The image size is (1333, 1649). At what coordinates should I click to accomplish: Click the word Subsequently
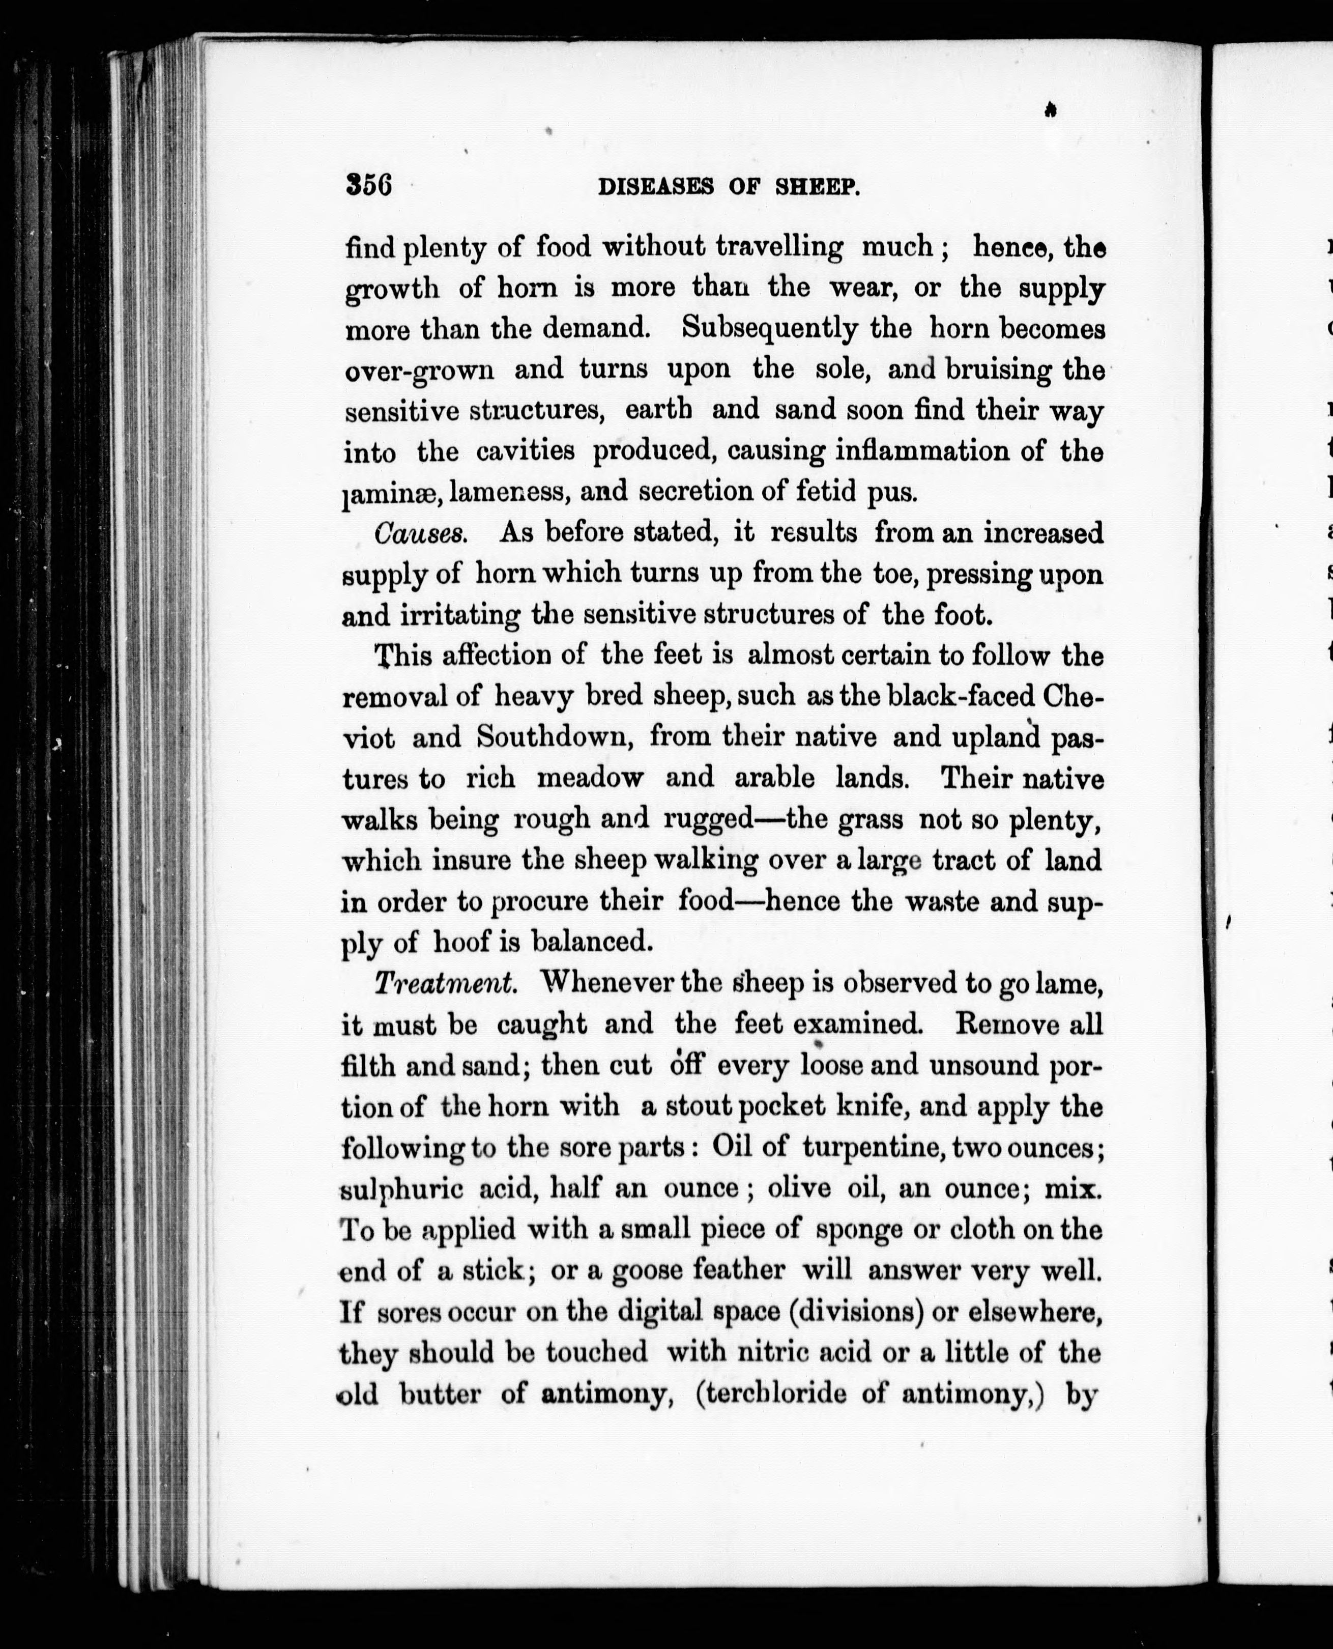click(769, 329)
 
